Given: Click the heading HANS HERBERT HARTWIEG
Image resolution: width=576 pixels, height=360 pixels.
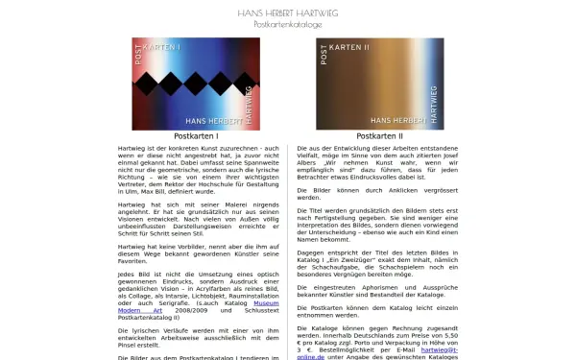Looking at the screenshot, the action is click(287, 12).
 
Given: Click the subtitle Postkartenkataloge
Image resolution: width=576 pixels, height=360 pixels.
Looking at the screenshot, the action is click(287, 24).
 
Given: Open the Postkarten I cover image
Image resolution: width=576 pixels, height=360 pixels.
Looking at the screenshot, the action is click(196, 84).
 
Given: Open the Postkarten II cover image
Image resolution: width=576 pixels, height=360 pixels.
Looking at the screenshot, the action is click(379, 84).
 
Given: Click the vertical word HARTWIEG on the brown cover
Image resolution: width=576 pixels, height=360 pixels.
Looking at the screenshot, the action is click(435, 106).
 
